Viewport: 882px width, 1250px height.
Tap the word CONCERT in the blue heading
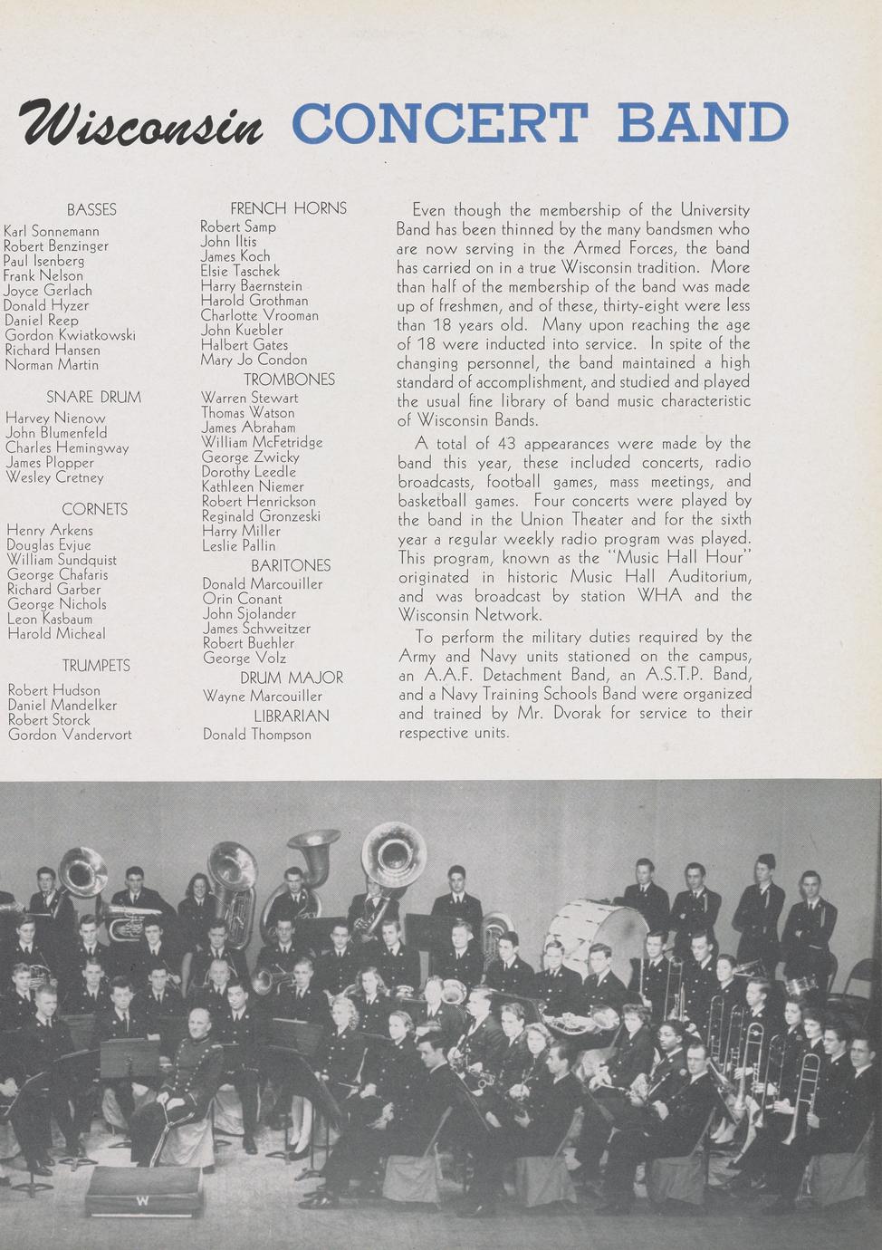440,123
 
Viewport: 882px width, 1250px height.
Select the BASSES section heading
91,210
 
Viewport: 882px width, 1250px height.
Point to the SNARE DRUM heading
94,397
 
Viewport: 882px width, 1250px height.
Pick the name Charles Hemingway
67,447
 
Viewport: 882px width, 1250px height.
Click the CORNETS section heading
95,509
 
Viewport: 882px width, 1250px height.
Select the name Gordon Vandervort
70,735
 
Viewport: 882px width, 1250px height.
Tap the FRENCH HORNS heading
288,208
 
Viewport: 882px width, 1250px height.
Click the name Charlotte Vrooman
259,315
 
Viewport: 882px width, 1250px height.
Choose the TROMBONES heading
289,380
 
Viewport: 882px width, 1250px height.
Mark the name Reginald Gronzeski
261,516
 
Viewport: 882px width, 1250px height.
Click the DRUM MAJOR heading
292,678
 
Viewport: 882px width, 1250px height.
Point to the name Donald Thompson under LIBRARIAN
256,735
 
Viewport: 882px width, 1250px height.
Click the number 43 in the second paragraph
505,444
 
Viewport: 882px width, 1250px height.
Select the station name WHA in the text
660,596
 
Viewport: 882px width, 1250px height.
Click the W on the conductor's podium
142,1201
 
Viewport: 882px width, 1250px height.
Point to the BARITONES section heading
291,565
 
